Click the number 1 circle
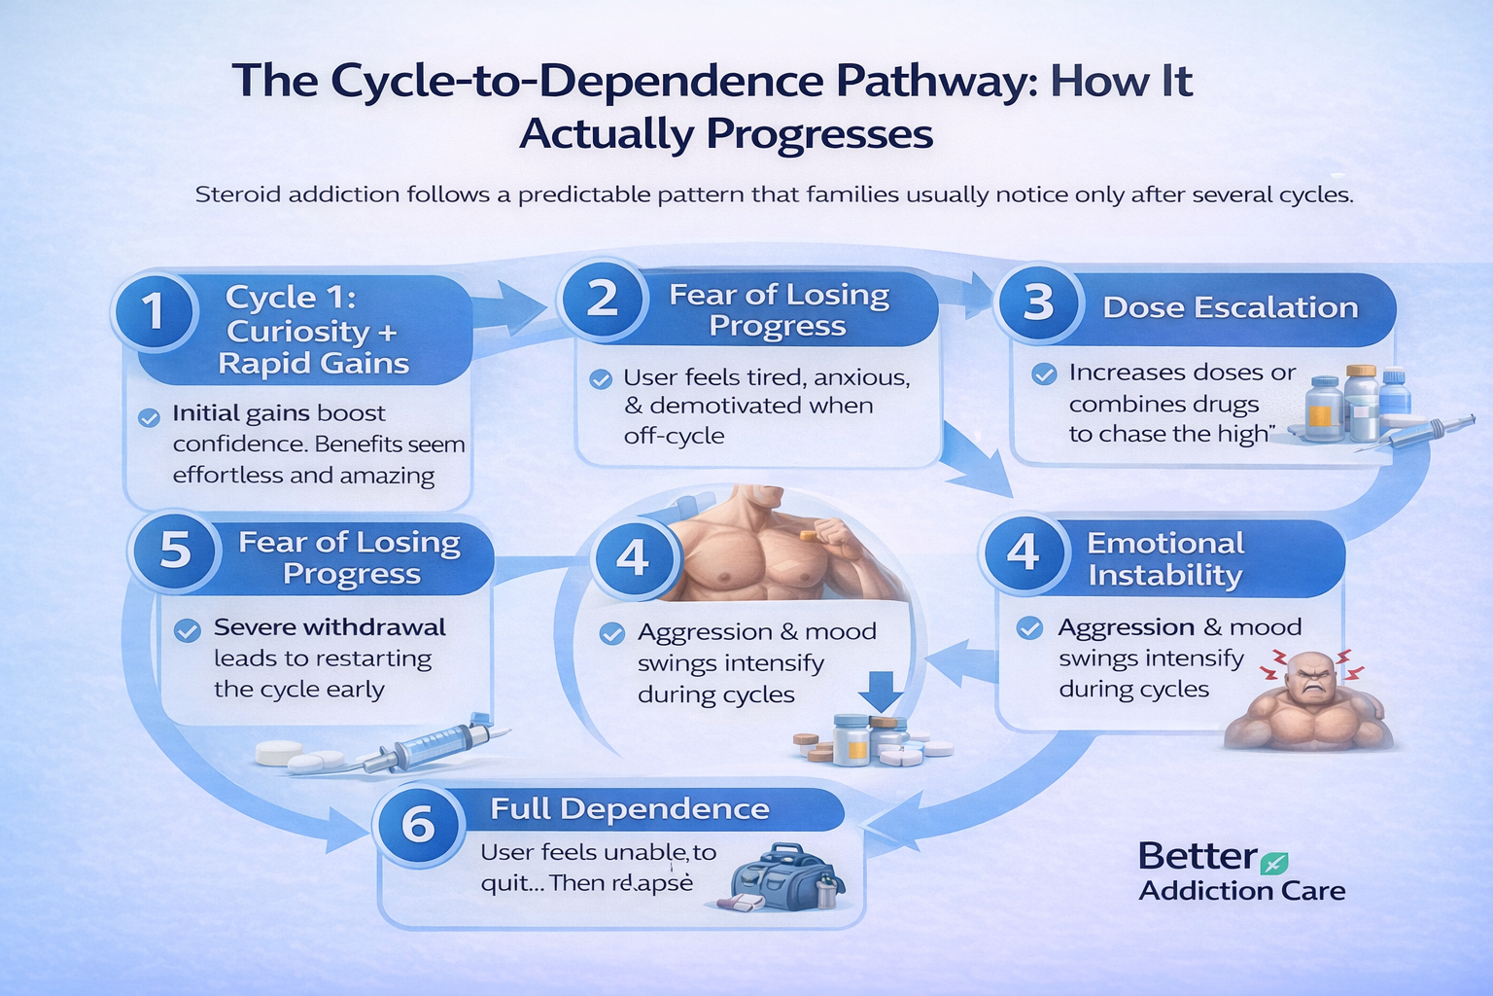154,311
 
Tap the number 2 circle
603,298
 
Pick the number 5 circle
175,551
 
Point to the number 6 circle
418,825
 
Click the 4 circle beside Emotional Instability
1023,552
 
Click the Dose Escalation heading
1230,307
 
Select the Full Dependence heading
629,809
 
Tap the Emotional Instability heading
1164,558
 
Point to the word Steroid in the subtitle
239,195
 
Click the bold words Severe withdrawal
330,627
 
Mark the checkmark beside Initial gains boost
149,418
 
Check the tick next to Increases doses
1044,374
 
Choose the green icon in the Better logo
1273,862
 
